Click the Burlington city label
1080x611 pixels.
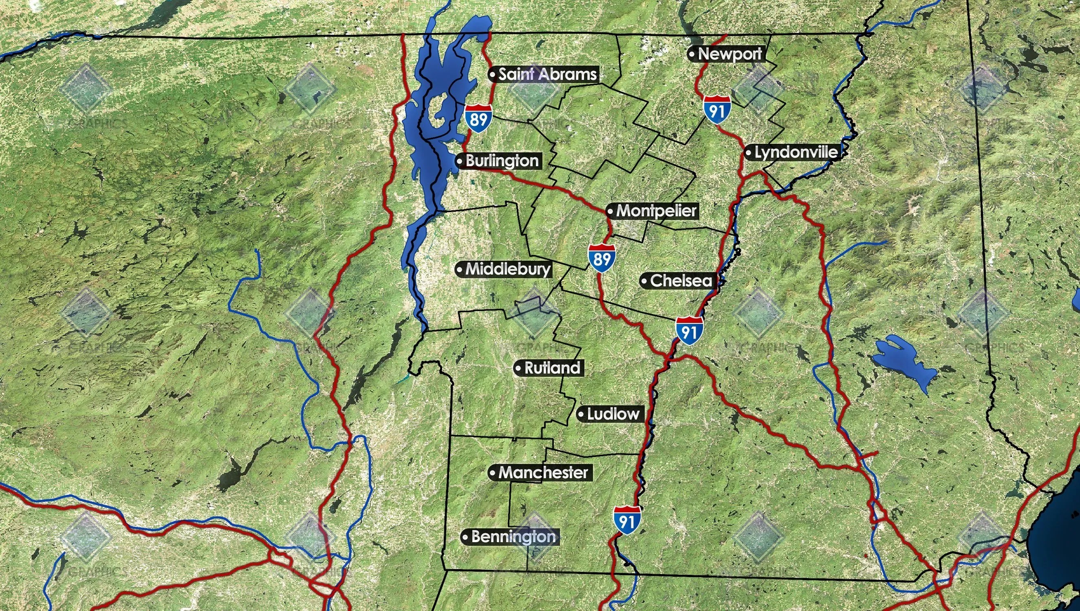pyautogui.click(x=502, y=161)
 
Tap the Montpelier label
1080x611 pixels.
pyautogui.click(x=656, y=211)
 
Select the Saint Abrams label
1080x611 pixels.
pyautogui.click(x=547, y=74)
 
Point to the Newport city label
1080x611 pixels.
pyautogui.click(x=730, y=54)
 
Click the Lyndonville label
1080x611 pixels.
pyautogui.click(x=796, y=152)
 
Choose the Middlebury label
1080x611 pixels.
pyautogui.click(x=507, y=269)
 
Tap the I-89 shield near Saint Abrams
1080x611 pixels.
pyautogui.click(x=478, y=119)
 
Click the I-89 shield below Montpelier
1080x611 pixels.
pyautogui.click(x=602, y=258)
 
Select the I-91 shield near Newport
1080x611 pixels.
pyautogui.click(x=717, y=110)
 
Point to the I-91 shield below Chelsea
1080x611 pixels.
pyautogui.click(x=689, y=331)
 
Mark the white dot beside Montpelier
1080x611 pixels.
pyautogui.click(x=611, y=211)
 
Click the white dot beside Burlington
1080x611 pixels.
pyautogui.click(x=460, y=161)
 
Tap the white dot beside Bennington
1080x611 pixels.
pyautogui.click(x=465, y=537)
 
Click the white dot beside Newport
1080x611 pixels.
pyautogui.click(x=692, y=54)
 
